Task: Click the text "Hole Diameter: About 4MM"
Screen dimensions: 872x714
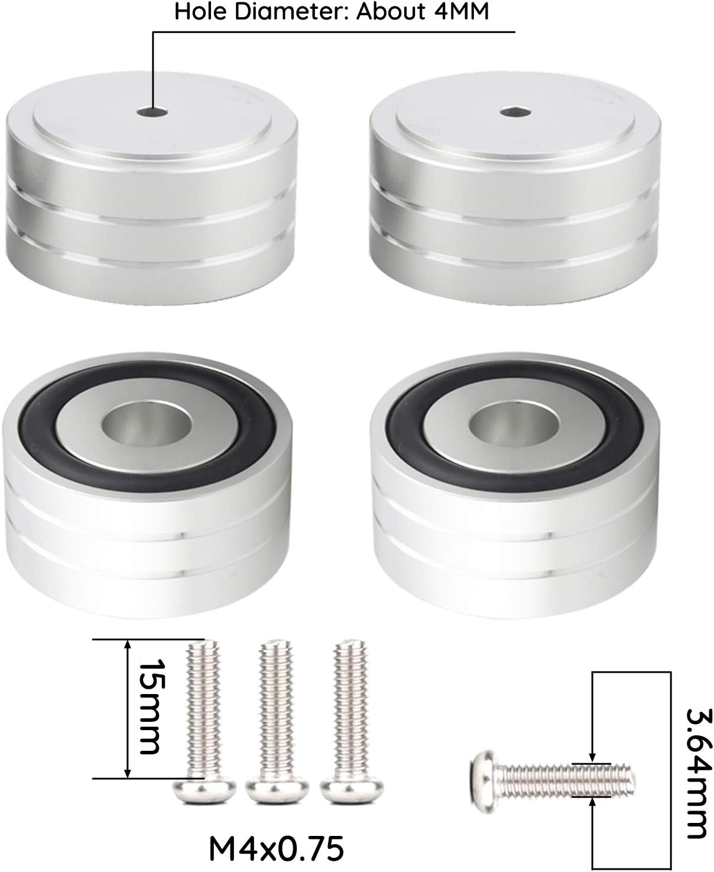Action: click(x=332, y=12)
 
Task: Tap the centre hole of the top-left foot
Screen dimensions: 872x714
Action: click(x=152, y=111)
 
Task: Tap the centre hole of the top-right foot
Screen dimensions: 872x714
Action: click(x=508, y=111)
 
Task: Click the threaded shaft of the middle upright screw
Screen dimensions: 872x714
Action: click(x=275, y=709)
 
